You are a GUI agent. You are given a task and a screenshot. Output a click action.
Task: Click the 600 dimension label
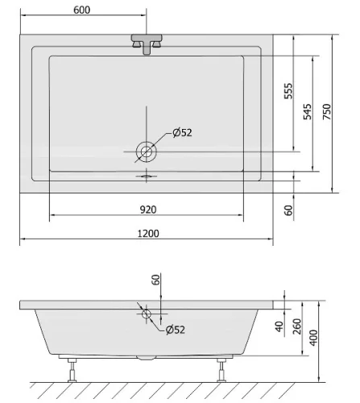pos(81,10)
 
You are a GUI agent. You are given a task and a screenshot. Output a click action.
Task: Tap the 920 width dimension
pos(148,210)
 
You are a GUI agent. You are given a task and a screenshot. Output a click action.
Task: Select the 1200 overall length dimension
pos(148,233)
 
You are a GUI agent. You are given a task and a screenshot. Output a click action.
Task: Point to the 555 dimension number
pos(288,91)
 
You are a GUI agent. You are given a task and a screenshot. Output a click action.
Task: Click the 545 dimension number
pos(308,111)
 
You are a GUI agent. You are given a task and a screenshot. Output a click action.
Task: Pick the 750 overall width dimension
pos(327,111)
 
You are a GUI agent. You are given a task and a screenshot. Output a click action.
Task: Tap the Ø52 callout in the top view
pos(182,132)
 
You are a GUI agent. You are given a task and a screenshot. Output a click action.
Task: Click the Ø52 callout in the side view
pos(176,330)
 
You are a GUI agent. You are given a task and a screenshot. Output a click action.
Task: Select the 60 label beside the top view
pos(288,210)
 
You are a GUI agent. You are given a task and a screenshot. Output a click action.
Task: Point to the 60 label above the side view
pos(155,280)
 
